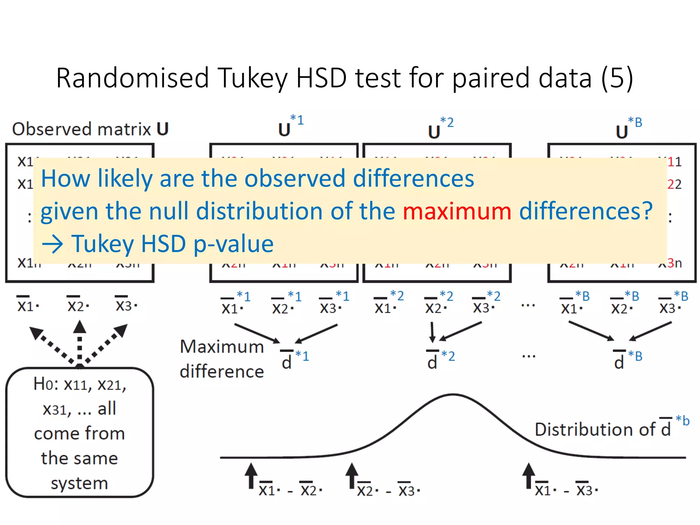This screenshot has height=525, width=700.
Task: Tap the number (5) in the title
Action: click(x=617, y=78)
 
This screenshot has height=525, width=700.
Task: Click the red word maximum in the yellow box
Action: click(x=457, y=211)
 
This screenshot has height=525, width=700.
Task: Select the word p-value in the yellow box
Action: click(x=233, y=244)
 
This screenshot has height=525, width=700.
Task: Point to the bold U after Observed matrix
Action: click(x=163, y=129)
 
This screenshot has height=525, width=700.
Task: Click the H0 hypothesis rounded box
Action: click(x=79, y=432)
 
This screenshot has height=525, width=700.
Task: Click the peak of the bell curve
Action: click(x=453, y=395)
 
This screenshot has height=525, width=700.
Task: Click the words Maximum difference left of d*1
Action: click(x=222, y=359)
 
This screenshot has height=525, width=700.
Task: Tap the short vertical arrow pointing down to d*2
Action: click(x=432, y=332)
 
